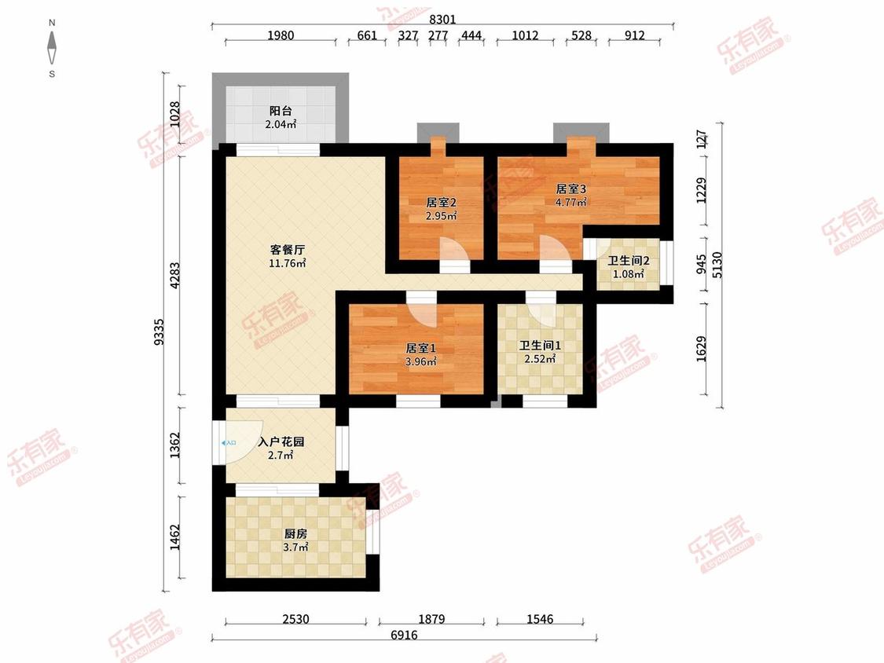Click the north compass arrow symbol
(52, 48)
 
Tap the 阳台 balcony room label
(281, 111)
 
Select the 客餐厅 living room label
(288, 249)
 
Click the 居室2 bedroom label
(441, 202)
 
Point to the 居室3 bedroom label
(571, 189)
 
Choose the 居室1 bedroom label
(420, 349)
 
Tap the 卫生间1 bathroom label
(540, 345)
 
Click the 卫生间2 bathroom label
(629, 261)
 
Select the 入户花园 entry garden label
(281, 441)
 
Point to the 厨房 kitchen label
(295, 533)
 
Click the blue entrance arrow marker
(229, 443)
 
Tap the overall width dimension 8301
(442, 19)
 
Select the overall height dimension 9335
(159, 332)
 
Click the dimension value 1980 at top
(281, 35)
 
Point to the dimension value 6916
(404, 635)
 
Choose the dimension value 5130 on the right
(717, 265)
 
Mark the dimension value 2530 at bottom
(295, 619)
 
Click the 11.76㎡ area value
(288, 263)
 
